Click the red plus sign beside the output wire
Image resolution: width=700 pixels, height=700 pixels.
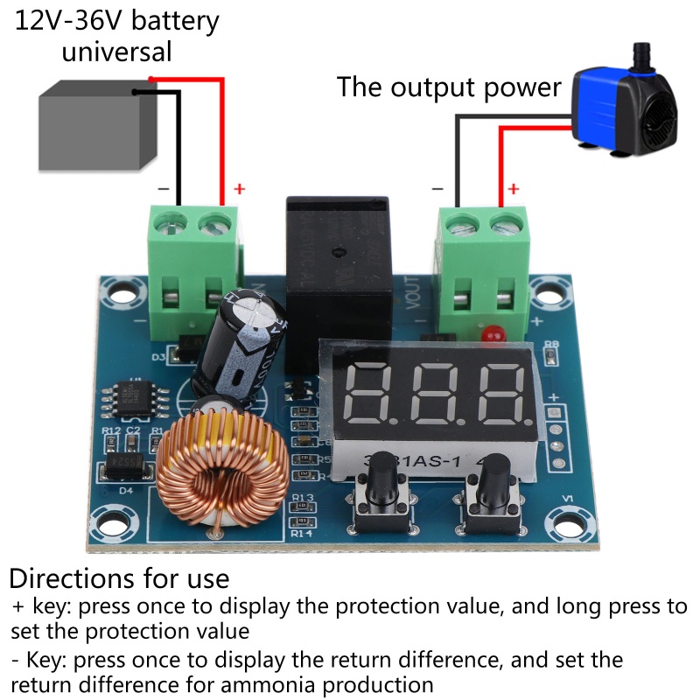click(x=514, y=188)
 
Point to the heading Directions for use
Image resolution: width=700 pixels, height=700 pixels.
click(x=119, y=578)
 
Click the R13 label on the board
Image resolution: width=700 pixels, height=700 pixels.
click(x=303, y=498)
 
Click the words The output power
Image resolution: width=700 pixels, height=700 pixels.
click(x=448, y=87)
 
